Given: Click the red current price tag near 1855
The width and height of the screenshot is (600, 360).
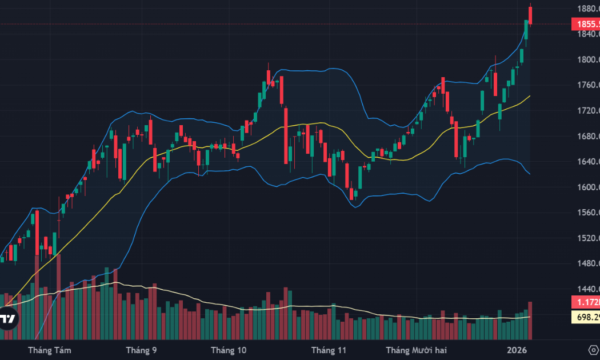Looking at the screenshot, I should [x=586, y=24].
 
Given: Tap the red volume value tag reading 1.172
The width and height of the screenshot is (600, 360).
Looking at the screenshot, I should [x=586, y=301].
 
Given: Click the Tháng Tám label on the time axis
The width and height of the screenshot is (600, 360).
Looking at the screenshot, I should [x=50, y=350].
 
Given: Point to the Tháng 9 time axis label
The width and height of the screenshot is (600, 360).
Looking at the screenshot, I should [x=141, y=350].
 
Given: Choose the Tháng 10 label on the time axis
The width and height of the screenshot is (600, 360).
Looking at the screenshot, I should [x=229, y=350].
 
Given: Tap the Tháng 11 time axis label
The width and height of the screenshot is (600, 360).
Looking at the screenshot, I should [x=329, y=350].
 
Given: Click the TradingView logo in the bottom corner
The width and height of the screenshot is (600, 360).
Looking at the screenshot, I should [x=7, y=319].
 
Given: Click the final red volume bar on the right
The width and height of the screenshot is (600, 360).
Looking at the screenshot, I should [x=530, y=320].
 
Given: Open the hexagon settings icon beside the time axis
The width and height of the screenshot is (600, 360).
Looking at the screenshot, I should [x=593, y=349].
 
